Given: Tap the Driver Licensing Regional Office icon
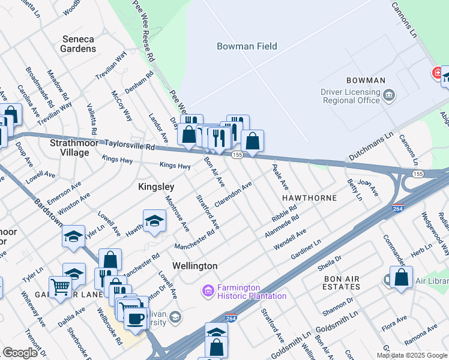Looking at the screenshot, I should [x=389, y=94].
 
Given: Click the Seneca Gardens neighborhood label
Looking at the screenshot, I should [x=79, y=44].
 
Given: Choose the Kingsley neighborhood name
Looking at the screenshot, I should [x=156, y=187].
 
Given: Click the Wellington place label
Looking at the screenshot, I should [x=194, y=265].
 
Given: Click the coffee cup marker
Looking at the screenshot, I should [x=137, y=317].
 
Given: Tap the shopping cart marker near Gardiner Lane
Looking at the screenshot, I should [x=59, y=286].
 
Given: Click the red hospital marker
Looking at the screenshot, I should [x=438, y=74].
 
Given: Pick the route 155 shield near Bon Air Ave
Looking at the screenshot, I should [x=237, y=155].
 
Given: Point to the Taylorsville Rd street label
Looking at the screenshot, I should [x=130, y=145].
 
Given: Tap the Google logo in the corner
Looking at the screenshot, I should [x=19, y=353].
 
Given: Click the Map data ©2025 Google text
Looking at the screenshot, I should [x=412, y=355].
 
